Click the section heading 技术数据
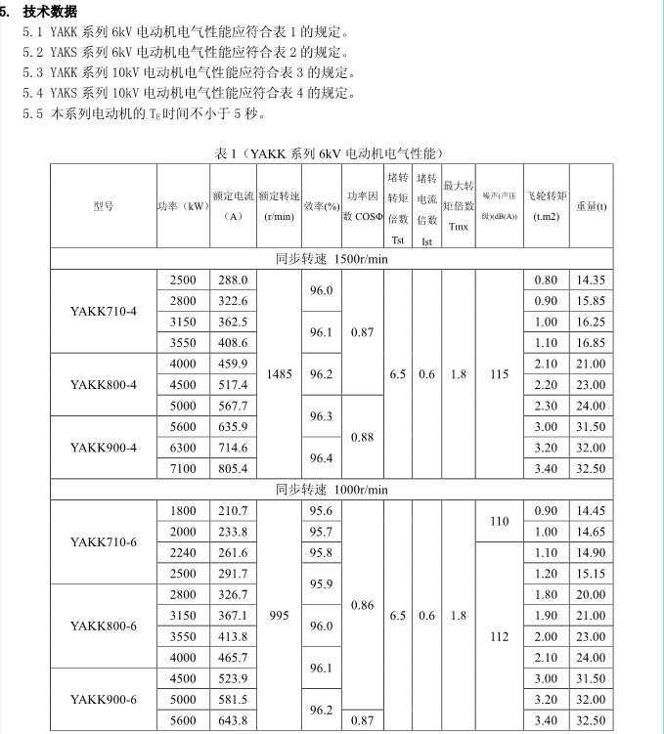pos(51,11)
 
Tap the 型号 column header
pos(104,206)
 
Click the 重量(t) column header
pos(591,206)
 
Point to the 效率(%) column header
pos(321,206)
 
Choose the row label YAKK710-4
pos(104,311)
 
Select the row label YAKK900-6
pos(104,699)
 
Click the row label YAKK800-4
pos(104,384)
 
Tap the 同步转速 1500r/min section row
pos(332,258)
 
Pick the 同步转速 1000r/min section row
pos(332,489)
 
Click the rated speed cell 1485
pos(279,373)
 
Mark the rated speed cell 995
pos(279,615)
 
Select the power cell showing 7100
pos(183,468)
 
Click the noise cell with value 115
pos(500,373)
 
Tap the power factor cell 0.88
pos(362,437)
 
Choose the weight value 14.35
pos(591,280)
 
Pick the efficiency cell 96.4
pos(321,457)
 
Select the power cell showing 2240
pos(183,552)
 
